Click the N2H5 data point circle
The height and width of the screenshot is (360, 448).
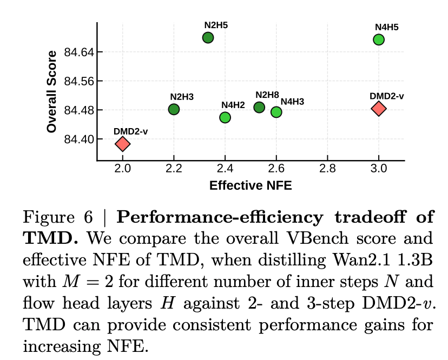point(208,37)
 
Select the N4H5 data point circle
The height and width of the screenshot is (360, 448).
point(379,39)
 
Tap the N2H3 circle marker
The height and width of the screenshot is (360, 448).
point(174,109)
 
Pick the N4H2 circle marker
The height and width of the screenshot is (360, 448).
point(225,117)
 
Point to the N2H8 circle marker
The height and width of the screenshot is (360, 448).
point(259,108)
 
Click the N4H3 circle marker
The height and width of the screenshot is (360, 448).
point(276,112)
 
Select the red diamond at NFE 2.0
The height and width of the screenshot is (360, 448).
point(123,144)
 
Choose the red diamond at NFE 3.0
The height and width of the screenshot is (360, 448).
point(379,109)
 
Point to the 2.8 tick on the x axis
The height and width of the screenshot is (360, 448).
point(327,168)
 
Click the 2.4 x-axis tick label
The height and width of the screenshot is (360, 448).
point(225,168)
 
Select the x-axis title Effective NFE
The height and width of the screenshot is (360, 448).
point(251,186)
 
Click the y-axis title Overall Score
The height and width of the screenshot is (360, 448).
point(52,91)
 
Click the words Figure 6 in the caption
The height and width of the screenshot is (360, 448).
point(59,218)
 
